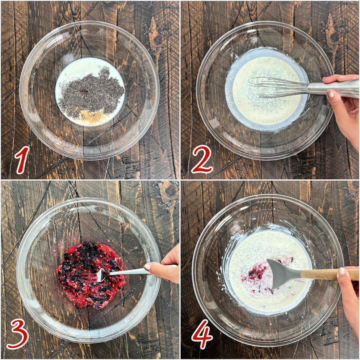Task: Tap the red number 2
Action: tap(202, 160)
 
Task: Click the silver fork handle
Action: tap(129, 271)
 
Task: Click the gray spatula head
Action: tap(280, 273)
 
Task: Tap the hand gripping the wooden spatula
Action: tap(349, 294)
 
